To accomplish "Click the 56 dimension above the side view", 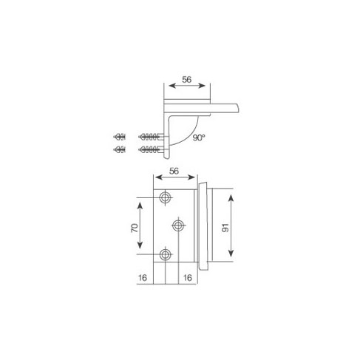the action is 186,80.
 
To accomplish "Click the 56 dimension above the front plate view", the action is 174,171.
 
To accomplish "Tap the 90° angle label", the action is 199,137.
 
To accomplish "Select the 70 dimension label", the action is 135,228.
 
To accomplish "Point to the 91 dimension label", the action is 225,228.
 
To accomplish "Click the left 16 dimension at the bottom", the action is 143,278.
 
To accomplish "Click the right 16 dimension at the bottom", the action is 188,278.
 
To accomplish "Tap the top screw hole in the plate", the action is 165,197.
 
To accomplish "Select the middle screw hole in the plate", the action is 178,225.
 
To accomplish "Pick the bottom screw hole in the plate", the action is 165,254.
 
